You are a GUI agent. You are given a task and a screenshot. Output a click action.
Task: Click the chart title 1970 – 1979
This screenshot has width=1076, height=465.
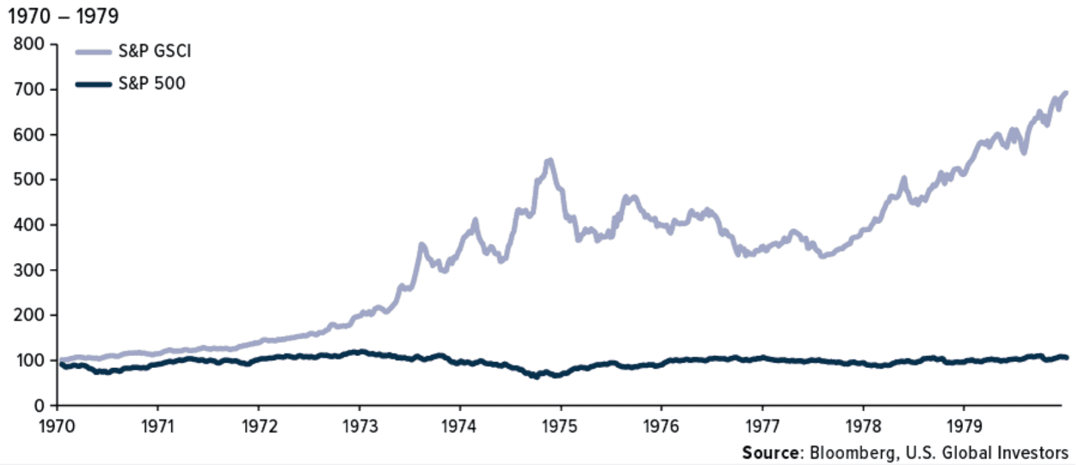(x=63, y=16)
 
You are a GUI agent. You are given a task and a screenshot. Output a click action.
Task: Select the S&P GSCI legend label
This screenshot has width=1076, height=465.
(x=154, y=51)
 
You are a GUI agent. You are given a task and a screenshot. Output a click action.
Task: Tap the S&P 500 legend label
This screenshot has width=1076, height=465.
(x=151, y=84)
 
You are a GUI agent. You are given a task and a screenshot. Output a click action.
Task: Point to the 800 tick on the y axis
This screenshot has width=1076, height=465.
(x=29, y=45)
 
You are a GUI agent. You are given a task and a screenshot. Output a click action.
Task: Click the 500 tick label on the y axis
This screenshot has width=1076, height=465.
(x=29, y=180)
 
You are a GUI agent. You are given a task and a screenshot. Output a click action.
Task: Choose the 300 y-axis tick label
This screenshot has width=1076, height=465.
(x=29, y=270)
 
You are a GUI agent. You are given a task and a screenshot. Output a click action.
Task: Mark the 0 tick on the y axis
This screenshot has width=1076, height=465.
(x=39, y=406)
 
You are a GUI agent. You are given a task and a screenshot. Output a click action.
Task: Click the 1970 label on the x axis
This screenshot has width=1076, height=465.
(x=57, y=426)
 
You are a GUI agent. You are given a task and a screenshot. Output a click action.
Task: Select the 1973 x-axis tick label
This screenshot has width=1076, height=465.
(x=359, y=426)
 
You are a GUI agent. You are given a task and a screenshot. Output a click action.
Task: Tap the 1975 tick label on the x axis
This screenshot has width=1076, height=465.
(x=561, y=426)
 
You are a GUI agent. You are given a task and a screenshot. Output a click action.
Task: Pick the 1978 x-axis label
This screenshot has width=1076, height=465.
(x=862, y=426)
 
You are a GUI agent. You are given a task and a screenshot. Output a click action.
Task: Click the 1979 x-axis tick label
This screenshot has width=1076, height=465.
(x=963, y=426)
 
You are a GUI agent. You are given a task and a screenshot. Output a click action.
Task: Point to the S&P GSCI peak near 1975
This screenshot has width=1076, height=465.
(x=549, y=161)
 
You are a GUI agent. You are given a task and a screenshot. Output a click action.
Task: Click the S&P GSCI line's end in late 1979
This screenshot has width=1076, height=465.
(x=1066, y=93)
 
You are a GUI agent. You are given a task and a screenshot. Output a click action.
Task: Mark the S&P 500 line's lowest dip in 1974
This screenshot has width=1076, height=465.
(x=535, y=376)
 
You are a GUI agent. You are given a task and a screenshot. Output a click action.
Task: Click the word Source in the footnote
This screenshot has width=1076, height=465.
(x=771, y=453)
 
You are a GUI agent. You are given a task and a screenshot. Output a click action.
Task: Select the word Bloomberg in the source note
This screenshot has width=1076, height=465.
(x=851, y=453)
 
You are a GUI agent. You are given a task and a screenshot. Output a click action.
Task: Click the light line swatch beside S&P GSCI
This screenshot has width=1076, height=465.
(x=93, y=51)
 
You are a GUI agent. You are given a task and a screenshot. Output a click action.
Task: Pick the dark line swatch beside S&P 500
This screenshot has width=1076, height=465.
(x=93, y=84)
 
